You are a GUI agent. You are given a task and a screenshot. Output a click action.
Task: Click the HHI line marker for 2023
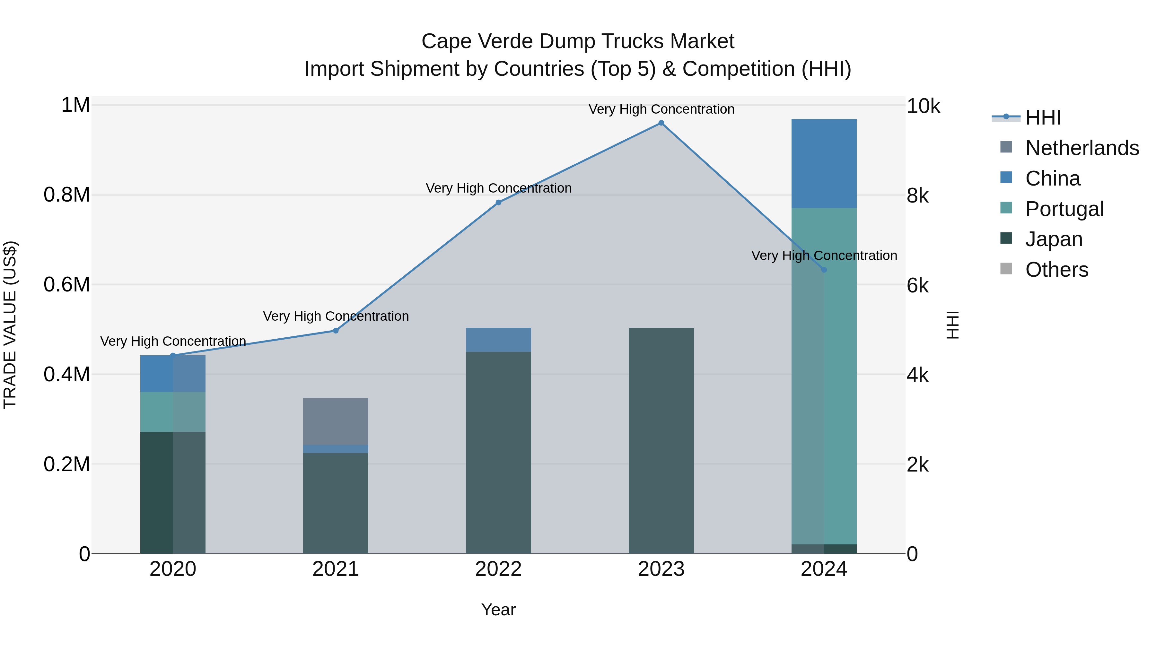[x=661, y=123]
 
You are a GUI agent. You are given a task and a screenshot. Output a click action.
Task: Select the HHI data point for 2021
[x=336, y=331]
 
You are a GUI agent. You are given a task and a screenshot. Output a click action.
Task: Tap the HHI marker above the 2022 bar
[x=498, y=202]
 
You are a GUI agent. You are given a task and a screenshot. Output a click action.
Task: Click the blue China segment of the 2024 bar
[x=824, y=163]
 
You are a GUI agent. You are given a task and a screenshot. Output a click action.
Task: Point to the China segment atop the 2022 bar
[x=498, y=340]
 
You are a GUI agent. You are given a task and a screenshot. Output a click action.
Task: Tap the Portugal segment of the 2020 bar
[x=173, y=412]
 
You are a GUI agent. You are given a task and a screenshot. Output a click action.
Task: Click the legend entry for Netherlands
[x=1082, y=148]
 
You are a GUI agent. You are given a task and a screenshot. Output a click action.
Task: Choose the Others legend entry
[x=1057, y=270]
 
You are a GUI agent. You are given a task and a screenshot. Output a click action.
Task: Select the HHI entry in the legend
[x=1043, y=117]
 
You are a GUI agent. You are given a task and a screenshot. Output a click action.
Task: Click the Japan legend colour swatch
[x=1006, y=238]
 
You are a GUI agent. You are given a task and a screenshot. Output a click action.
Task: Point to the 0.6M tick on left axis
[x=67, y=285]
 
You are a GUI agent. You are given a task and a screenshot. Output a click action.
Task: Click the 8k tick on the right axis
[x=917, y=195]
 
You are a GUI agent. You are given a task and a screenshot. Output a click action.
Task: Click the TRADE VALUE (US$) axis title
[x=10, y=325]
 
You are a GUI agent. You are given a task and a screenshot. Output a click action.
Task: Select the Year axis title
[x=498, y=610]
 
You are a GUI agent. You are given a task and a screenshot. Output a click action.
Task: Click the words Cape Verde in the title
[x=477, y=41]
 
